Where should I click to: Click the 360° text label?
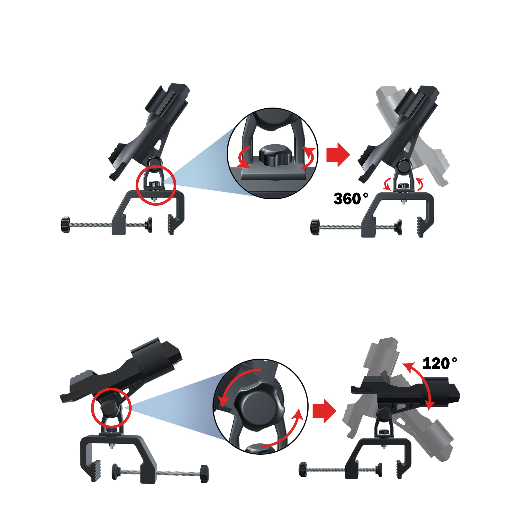pos(350,199)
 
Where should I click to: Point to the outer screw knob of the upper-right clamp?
pos(315,227)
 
